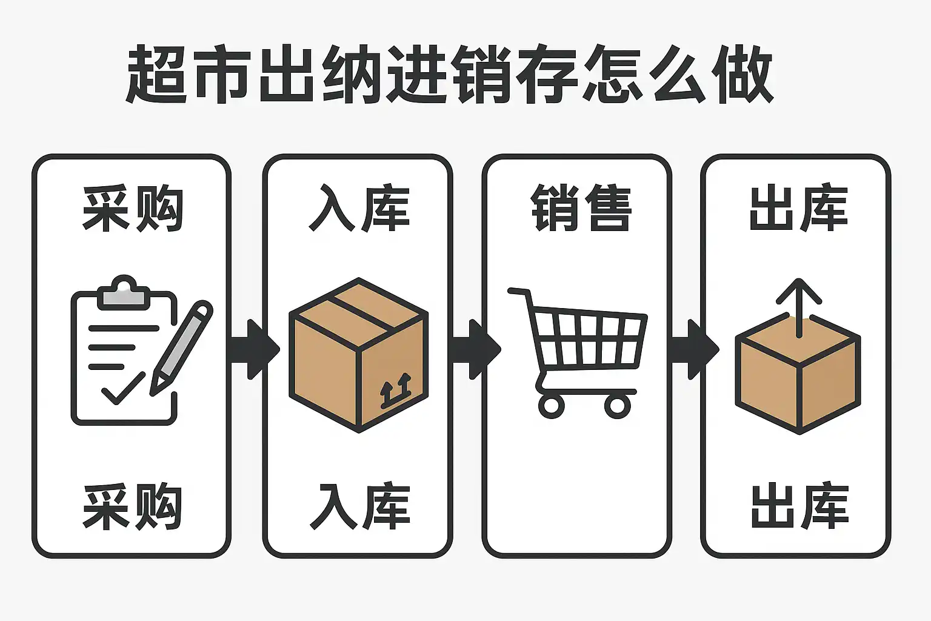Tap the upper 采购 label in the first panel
coord(133,209)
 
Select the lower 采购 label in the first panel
coord(133,507)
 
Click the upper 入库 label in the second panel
coord(359,209)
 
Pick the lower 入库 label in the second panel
coord(359,507)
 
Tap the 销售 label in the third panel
coord(581,209)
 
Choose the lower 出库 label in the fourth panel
coord(799,507)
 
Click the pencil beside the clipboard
coord(181,348)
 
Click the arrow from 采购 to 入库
coord(255,349)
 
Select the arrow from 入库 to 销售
coord(476,349)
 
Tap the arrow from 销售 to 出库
coord(695,349)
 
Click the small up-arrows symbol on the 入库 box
coord(395,391)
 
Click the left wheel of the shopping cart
coord(551,405)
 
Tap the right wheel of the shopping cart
coord(618,405)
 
